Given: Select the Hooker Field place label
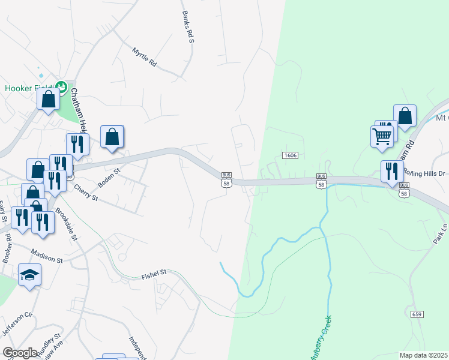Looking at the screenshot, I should click(x=28, y=88).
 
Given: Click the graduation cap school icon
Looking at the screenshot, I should click(x=29, y=275).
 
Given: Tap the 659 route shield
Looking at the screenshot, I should click(x=418, y=314).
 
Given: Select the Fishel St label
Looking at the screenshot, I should click(x=154, y=274).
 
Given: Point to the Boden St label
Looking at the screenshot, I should click(x=109, y=178).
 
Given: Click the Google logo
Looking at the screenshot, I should click(x=20, y=352).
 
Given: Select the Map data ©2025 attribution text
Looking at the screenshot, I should click(x=424, y=355).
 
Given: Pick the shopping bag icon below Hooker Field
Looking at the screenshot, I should click(x=48, y=99).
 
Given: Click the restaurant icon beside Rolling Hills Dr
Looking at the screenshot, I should click(x=388, y=170).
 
